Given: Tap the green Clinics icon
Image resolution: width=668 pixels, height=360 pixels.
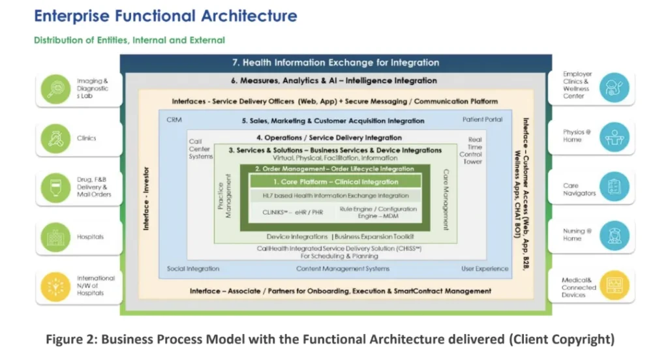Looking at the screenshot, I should pos(54,138).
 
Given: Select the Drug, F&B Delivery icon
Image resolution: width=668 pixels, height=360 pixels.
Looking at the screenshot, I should pos(54,187).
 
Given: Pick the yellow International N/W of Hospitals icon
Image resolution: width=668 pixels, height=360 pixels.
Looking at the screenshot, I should pos(54,286).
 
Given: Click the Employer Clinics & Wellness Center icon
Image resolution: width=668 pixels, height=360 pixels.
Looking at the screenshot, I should pos(614,87).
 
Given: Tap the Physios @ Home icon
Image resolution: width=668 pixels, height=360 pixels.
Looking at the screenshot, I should pos(614,137).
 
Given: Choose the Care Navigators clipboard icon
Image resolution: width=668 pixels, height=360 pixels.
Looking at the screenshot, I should pos(614,187).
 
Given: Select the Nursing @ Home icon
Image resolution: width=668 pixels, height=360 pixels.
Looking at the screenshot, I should pos(614,235).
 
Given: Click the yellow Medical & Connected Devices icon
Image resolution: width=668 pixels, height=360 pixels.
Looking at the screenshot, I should pos(614,286).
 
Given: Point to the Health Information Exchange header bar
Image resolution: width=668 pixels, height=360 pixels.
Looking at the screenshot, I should pos(335,63).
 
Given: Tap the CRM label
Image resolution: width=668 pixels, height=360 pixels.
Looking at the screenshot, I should pos(174,120).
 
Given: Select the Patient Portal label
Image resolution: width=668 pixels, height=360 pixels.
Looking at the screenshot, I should pos(483,119).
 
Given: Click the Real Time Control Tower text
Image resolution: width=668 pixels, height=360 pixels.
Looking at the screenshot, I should pos(475,151).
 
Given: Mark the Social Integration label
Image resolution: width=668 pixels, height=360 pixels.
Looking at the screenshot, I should pos(193,269).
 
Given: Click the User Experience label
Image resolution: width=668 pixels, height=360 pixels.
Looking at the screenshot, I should pos(485,269).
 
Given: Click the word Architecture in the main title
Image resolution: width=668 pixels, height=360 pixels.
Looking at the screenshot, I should pos(240,16).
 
